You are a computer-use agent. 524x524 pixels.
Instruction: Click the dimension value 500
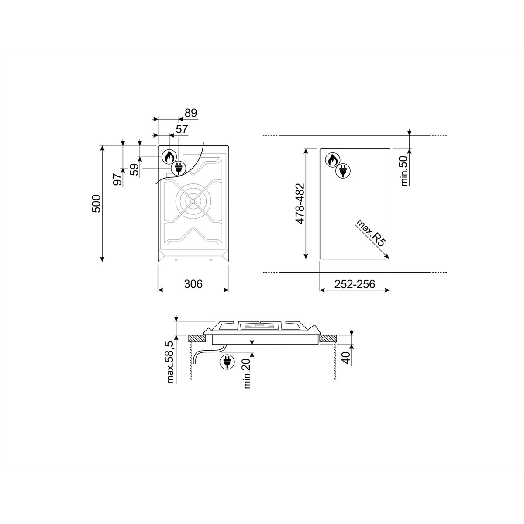click(x=96, y=203)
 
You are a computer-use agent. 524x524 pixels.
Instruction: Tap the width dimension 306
click(x=193, y=284)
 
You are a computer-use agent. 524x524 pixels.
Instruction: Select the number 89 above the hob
click(x=191, y=113)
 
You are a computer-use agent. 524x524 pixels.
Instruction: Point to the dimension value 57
click(x=182, y=129)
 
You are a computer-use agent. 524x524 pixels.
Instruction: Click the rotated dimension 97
click(x=117, y=179)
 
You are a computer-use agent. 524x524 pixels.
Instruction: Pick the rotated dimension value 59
click(x=134, y=169)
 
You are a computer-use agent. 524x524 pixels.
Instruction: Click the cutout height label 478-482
click(x=300, y=203)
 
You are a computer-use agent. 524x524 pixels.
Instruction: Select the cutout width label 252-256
click(x=355, y=284)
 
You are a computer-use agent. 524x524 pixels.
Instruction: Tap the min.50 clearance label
click(x=404, y=171)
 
